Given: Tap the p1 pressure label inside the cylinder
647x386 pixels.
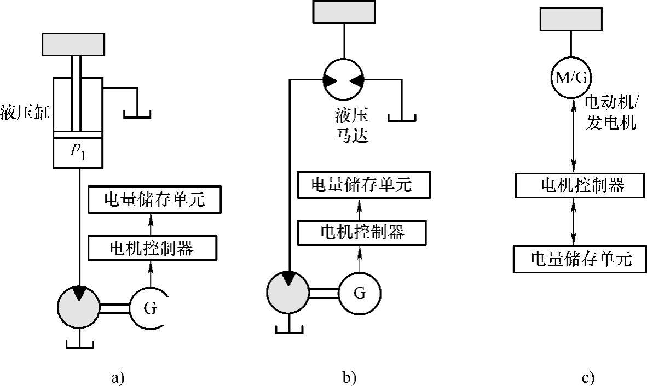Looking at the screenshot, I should click(x=78, y=150).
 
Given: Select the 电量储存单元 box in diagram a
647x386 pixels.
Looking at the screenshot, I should click(x=154, y=201).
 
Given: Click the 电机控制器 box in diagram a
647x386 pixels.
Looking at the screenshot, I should click(x=152, y=248).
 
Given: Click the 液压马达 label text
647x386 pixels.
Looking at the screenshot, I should click(x=351, y=125).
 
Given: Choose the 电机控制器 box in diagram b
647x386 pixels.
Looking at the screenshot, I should click(x=361, y=232).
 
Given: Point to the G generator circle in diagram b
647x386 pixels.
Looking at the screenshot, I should click(x=359, y=293).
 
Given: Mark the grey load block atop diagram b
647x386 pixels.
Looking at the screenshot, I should click(x=344, y=13).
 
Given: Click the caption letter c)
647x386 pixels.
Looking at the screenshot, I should click(x=588, y=377).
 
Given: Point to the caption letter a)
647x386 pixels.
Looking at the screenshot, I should click(x=118, y=377).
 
